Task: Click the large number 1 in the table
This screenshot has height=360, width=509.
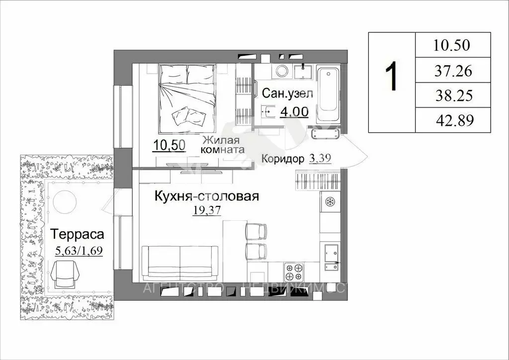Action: point(392,75)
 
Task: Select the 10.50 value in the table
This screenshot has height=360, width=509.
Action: point(452,46)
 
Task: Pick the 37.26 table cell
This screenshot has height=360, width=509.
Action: point(452,71)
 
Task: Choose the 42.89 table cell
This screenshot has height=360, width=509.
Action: point(452,120)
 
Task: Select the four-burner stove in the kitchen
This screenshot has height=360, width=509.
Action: point(293,272)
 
